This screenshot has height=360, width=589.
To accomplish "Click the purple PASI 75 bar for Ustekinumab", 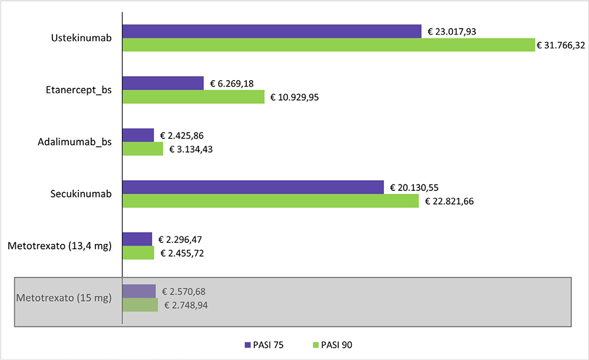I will coord(272,31).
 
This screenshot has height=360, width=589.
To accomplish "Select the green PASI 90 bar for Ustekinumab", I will coord(328,45).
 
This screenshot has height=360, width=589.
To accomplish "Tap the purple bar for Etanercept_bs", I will coord(163,83).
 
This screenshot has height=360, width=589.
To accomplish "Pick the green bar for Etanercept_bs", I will coord(193,97).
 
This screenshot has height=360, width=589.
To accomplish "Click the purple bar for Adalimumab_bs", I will coord(138,136).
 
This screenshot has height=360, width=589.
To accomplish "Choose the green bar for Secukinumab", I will coord(270,201).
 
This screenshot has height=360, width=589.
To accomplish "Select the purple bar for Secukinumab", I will coord(253,187).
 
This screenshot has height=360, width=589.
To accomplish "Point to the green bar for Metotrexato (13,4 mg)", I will coord(138,253).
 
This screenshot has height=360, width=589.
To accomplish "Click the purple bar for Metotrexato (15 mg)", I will coord(139,291).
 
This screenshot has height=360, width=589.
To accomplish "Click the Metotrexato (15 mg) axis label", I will coord(64,298).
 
